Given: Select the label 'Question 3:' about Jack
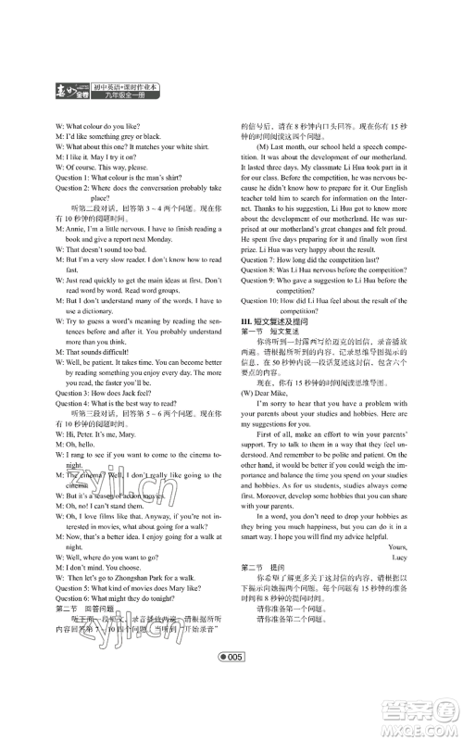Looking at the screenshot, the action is coord(75,392).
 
